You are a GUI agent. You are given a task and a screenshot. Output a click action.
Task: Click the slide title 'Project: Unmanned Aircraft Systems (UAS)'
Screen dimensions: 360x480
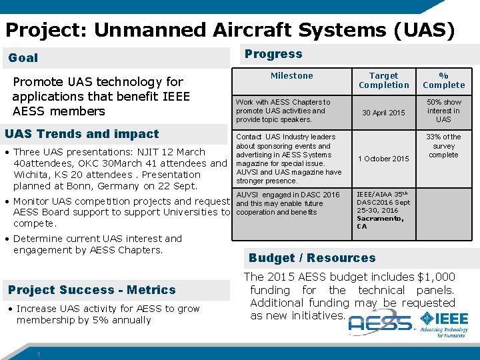tap(230, 30)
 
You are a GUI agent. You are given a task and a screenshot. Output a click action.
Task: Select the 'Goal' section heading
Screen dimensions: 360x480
tap(23, 58)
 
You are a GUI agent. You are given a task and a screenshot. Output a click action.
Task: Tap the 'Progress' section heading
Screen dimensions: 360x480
tap(273, 54)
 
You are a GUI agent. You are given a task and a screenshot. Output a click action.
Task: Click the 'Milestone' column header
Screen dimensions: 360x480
tap(291, 76)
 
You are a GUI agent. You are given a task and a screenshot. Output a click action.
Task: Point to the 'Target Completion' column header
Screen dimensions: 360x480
tap(383, 81)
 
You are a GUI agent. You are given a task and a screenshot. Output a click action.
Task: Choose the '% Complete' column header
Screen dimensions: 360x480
tap(443, 81)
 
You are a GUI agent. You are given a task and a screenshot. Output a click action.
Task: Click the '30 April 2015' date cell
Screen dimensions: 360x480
tap(383, 113)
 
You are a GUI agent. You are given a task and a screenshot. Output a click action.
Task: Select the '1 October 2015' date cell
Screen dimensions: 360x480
tap(383, 159)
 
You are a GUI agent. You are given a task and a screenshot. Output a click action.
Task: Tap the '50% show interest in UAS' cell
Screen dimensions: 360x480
tap(443, 111)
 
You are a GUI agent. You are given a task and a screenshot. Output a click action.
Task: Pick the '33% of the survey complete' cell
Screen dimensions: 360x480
tap(443, 145)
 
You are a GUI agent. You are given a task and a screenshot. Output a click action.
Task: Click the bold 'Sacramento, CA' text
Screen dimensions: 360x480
tap(379, 222)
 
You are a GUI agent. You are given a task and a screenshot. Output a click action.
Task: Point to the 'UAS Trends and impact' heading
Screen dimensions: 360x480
tap(82, 134)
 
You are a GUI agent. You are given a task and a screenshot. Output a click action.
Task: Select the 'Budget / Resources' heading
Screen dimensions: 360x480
tap(312, 258)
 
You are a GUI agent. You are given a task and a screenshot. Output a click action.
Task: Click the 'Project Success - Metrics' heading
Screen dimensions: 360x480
tap(92, 290)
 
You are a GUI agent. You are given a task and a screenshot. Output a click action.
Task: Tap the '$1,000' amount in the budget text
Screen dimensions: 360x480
tap(436, 277)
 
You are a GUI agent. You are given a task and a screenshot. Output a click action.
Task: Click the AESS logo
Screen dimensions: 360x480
tap(380, 324)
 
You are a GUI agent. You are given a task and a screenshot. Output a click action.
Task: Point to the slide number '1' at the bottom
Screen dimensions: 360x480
tap(40, 354)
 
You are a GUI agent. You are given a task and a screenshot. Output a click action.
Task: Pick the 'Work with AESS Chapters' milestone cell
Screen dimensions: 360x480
tap(283, 111)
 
